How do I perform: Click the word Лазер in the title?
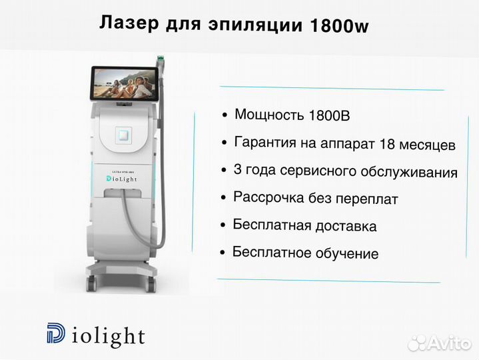pyautogui.click(x=129, y=23)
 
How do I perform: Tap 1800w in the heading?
pyautogui.click(x=339, y=26)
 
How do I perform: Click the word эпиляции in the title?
pyautogui.click(x=255, y=25)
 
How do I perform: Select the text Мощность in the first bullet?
pyautogui.click(x=269, y=115)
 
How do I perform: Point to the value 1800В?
pyautogui.click(x=329, y=115)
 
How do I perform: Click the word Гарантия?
pyautogui.click(x=265, y=143)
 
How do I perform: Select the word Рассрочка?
pyautogui.click(x=268, y=197)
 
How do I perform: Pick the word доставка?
pyautogui.click(x=346, y=227)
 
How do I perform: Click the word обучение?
pyautogui.click(x=347, y=253)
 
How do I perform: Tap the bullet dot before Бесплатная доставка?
pyautogui.click(x=223, y=225)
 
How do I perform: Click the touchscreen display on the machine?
pyautogui.click(x=125, y=83)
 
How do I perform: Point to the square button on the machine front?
pyautogui.click(x=123, y=135)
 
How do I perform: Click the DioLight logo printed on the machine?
pyautogui.click(x=122, y=179)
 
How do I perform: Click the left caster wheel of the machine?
pyautogui.click(x=92, y=283)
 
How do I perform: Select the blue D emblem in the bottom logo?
pyautogui.click(x=56, y=333)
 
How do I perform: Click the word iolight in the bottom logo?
pyautogui.click(x=108, y=337)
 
